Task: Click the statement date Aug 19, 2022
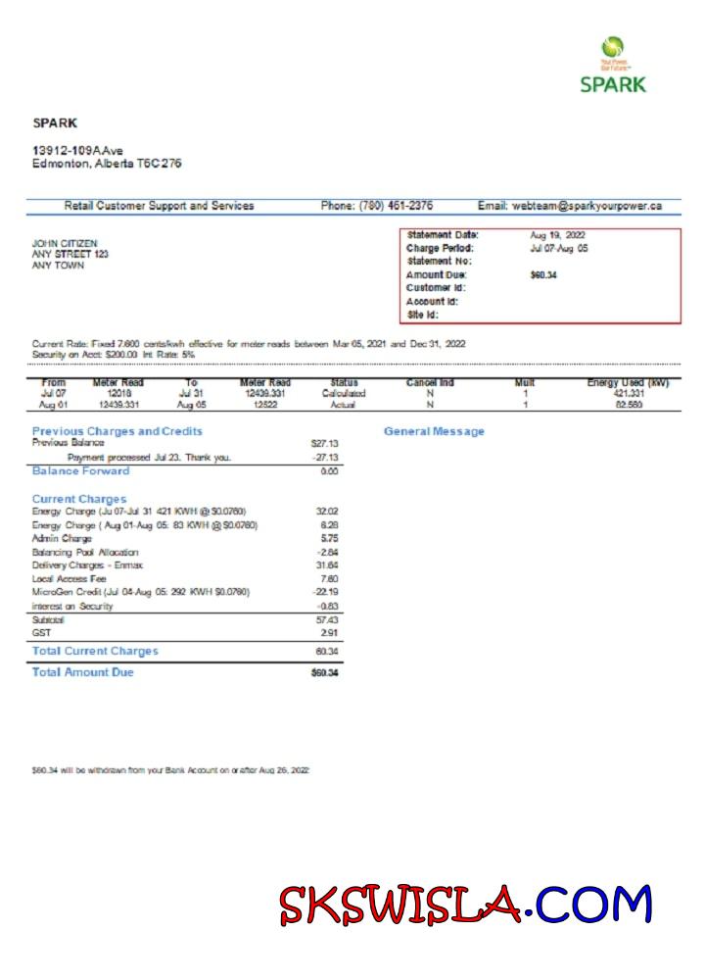point(557,235)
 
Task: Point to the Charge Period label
point(440,249)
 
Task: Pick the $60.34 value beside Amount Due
point(543,275)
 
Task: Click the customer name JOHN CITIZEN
point(65,243)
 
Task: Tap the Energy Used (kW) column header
point(628,382)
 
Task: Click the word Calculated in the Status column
point(344,393)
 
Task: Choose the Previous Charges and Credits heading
point(117,431)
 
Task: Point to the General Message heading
point(434,431)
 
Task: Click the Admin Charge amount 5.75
point(329,539)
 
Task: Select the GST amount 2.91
point(329,633)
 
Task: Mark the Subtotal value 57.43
point(327,620)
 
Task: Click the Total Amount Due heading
point(83,672)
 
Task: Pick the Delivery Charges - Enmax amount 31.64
point(327,565)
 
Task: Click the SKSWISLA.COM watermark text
point(465,905)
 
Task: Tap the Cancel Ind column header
point(430,382)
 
